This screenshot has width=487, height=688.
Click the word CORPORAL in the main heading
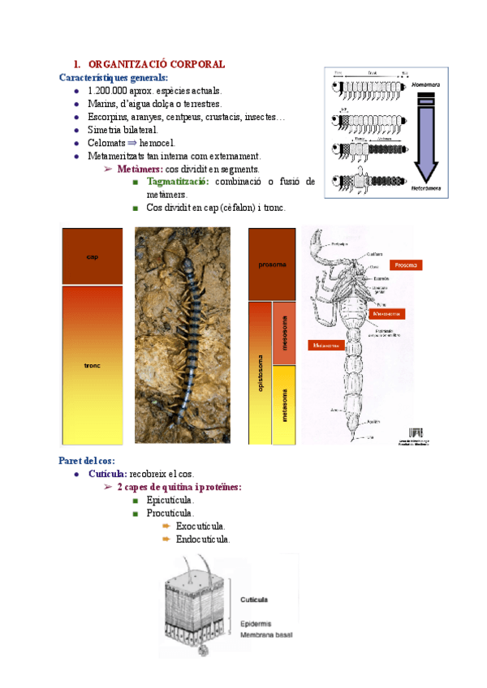point(193,64)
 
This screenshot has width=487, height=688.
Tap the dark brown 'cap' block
point(92,256)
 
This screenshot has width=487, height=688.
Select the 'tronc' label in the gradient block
point(92,365)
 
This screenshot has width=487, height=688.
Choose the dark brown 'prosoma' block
point(271,264)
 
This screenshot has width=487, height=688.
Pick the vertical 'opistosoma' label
point(261,372)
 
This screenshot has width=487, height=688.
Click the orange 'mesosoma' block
point(284,333)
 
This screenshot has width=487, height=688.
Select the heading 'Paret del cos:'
point(87,461)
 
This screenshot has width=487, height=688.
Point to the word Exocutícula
point(200,526)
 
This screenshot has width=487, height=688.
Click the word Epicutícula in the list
point(170,500)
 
